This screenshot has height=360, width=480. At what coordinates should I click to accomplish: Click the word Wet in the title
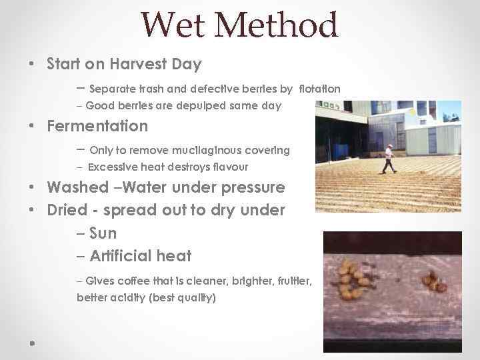coord(174,26)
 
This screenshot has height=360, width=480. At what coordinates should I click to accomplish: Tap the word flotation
coord(319,89)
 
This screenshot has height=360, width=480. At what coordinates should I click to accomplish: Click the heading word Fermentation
coord(97,126)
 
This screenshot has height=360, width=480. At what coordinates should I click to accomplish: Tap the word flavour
coord(228,167)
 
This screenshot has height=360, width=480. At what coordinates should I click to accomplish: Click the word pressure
coord(248,188)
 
